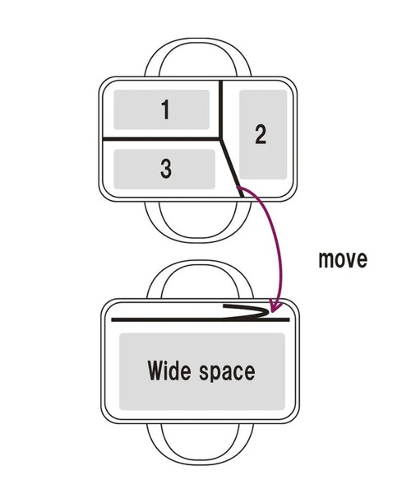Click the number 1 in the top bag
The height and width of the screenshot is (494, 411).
(x=165, y=110)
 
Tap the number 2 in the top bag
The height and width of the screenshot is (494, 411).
(x=261, y=134)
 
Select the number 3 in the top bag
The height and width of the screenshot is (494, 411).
(x=166, y=168)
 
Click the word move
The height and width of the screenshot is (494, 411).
(x=343, y=260)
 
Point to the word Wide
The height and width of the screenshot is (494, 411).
(x=169, y=370)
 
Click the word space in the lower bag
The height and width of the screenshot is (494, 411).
(x=227, y=372)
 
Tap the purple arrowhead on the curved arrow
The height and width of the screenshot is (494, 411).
(x=276, y=306)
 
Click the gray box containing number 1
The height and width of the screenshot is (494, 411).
(x=162, y=110)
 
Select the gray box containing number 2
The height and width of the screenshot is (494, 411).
(x=263, y=134)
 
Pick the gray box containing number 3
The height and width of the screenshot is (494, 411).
(x=164, y=169)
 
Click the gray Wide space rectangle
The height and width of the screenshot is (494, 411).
(x=202, y=372)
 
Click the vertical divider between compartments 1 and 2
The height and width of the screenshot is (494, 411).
(x=221, y=110)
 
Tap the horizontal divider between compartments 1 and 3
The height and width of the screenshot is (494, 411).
(x=162, y=139)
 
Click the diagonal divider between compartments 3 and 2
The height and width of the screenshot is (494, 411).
(x=232, y=168)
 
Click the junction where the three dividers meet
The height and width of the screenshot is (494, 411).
(x=221, y=138)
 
